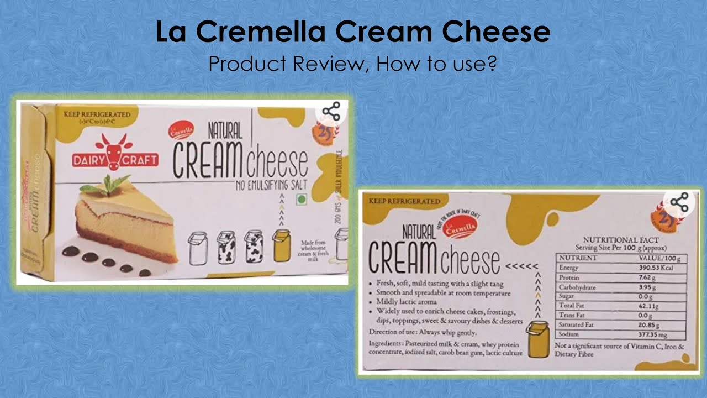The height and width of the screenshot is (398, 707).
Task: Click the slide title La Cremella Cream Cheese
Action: [353, 32]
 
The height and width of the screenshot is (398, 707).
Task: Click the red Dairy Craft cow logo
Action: [115, 153]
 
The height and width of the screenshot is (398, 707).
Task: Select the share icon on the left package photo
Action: [331, 112]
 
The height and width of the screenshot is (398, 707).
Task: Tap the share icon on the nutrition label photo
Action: [680, 202]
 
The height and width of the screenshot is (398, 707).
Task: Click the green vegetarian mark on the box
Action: [301, 200]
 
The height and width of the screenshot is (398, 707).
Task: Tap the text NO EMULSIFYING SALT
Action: [260, 183]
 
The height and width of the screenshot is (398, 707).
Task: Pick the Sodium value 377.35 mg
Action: [653, 334]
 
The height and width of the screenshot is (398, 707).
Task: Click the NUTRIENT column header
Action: [578, 258]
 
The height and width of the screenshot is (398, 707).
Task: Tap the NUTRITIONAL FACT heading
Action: [620, 240]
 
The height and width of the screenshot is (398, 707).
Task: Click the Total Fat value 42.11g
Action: [650, 306]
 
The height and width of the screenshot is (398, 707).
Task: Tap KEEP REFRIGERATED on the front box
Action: [97, 114]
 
